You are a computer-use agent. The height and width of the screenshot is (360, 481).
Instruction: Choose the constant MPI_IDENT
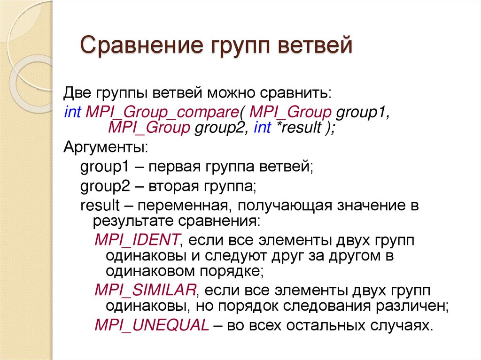click(137, 240)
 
